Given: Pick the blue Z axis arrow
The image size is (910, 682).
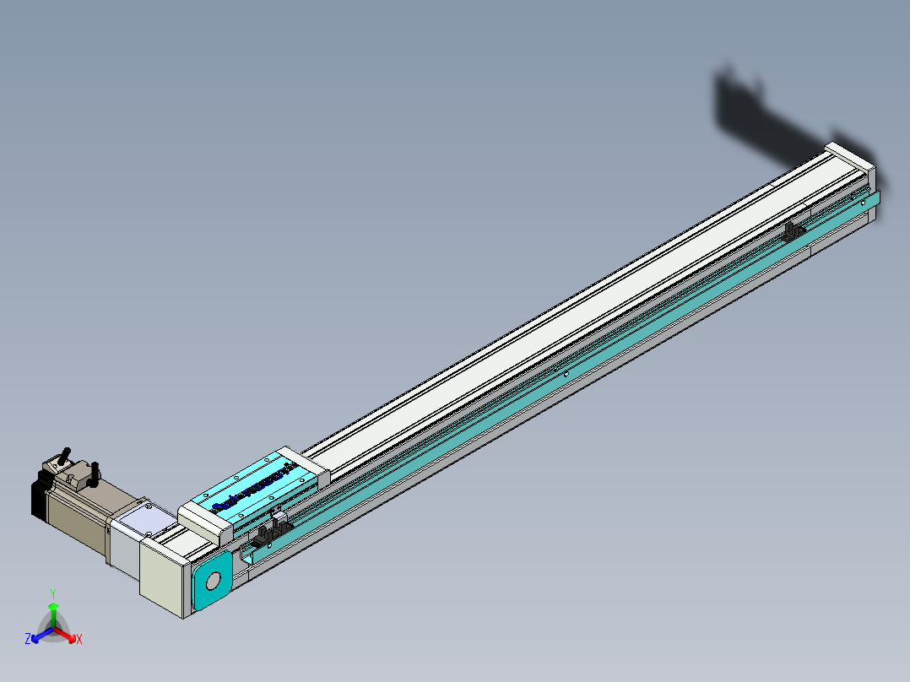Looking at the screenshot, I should pos(39,635).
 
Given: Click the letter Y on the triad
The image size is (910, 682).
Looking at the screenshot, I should pos(52,593).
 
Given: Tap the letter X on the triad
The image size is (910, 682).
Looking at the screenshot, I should pos(79,640).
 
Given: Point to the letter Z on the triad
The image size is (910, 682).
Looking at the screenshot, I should pos(28,640).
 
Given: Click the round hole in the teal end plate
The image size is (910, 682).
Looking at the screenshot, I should pos(212,581).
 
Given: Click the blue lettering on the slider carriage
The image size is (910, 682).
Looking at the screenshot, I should pos(253,490).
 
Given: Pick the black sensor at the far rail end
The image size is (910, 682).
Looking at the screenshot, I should pos(794,231).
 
